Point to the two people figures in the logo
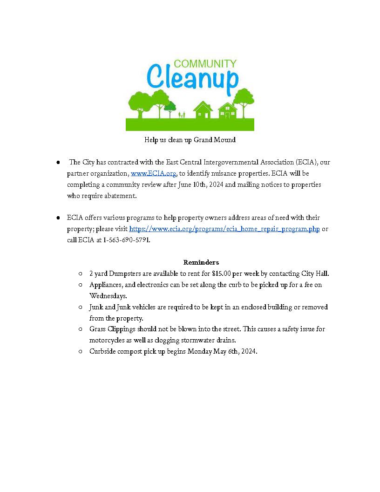[x=182, y=114]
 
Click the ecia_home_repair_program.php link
[x=224, y=229]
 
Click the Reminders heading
[x=201, y=262]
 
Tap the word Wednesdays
[x=108, y=296]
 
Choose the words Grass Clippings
[x=112, y=329]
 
